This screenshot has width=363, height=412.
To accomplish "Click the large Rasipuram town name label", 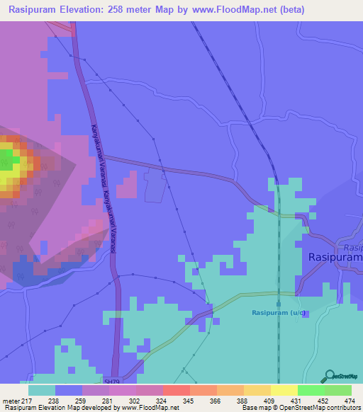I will (335, 258).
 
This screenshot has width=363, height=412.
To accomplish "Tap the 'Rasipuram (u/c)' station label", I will (279, 312).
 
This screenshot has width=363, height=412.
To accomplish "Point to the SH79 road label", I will (112, 381).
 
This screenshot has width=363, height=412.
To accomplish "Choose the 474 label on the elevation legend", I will (350, 400).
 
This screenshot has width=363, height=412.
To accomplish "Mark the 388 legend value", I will (241, 400).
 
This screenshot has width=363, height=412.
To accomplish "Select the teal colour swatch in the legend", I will (42, 390).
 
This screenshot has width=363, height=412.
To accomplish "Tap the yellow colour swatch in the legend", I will (284, 390).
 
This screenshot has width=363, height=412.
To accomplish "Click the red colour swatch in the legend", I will (176, 390).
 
